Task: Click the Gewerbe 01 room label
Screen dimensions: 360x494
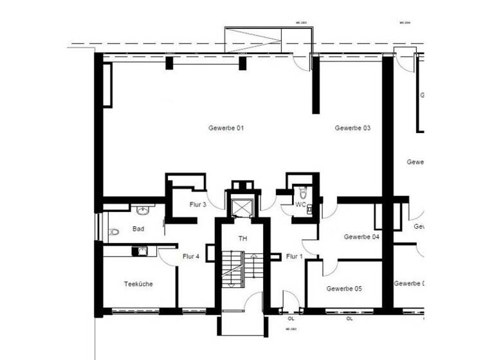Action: point(226,128)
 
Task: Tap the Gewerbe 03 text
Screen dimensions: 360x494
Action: point(352,128)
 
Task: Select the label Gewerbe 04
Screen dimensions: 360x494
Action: point(361,237)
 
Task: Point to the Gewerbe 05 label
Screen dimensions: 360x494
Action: point(344,289)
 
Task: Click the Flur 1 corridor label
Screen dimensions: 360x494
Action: point(295,256)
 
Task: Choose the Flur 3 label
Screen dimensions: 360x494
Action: point(197,204)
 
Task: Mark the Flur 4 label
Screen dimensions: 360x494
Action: point(191,256)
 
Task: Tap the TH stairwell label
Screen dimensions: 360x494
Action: point(242,239)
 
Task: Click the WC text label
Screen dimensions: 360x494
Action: point(300,204)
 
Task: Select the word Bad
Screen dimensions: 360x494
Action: point(138,229)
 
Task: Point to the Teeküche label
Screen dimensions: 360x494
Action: point(138,283)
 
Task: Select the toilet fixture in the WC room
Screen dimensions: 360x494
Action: point(302,192)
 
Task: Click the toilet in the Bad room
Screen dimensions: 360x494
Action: point(114,231)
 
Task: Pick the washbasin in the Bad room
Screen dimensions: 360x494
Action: point(142,210)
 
